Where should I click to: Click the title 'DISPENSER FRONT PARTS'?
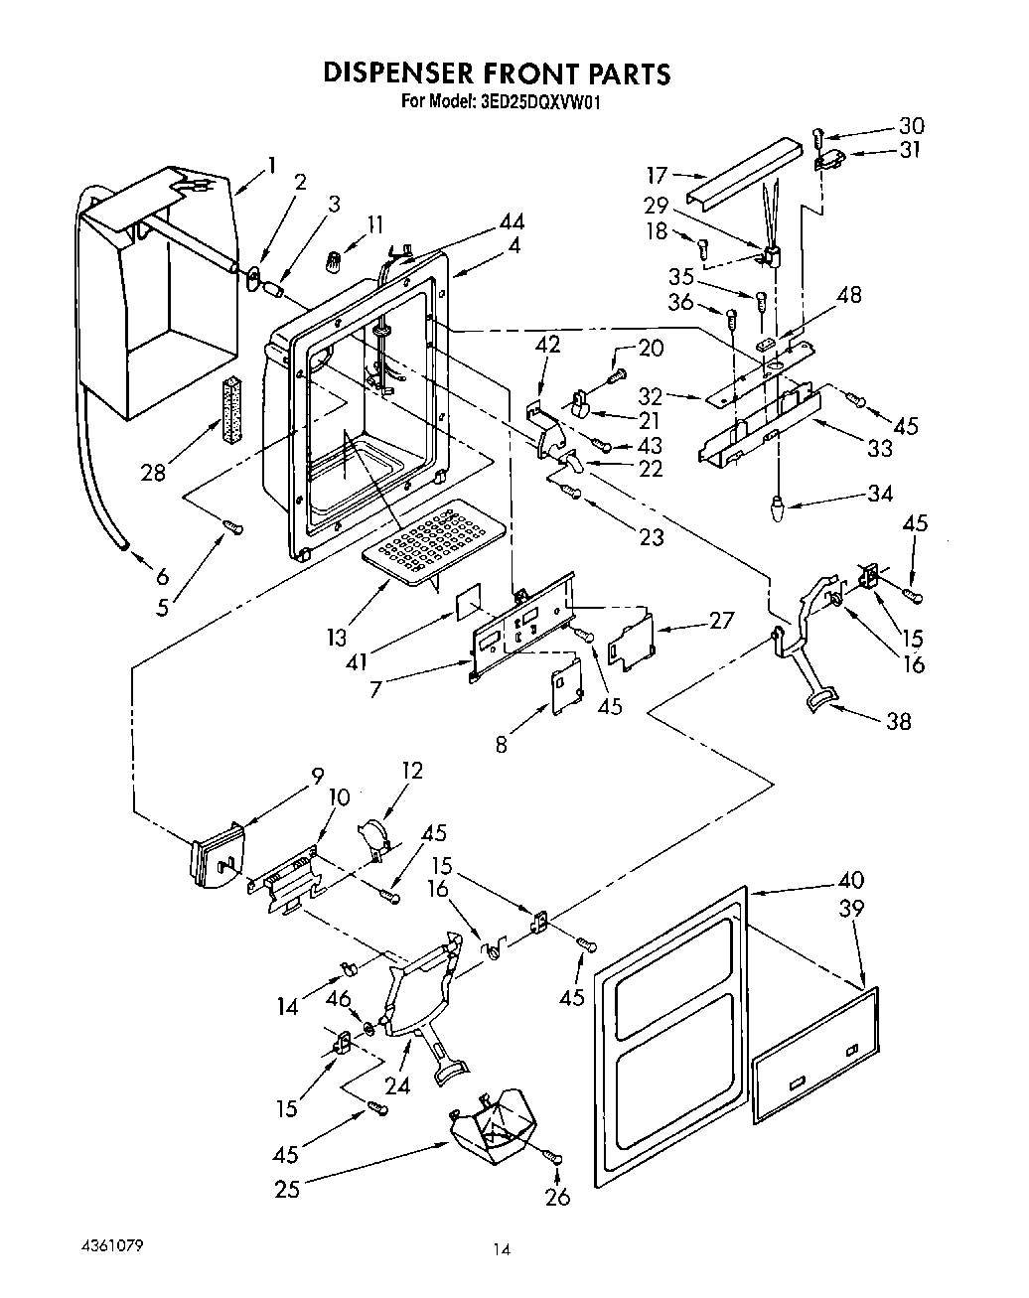[x=498, y=73]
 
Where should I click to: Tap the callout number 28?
[x=153, y=472]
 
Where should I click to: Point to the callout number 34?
[x=879, y=494]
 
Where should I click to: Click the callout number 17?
[x=657, y=176]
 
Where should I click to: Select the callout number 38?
[x=898, y=722]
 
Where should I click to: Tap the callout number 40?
[x=850, y=880]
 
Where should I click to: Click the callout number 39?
[x=851, y=908]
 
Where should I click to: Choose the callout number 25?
[x=287, y=1187]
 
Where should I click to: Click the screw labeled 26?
[x=554, y=1158]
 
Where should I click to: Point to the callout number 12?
[x=412, y=771]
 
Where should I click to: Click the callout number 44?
[x=513, y=222]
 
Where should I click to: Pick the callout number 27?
[x=721, y=620]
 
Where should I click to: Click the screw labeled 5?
[x=234, y=527]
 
